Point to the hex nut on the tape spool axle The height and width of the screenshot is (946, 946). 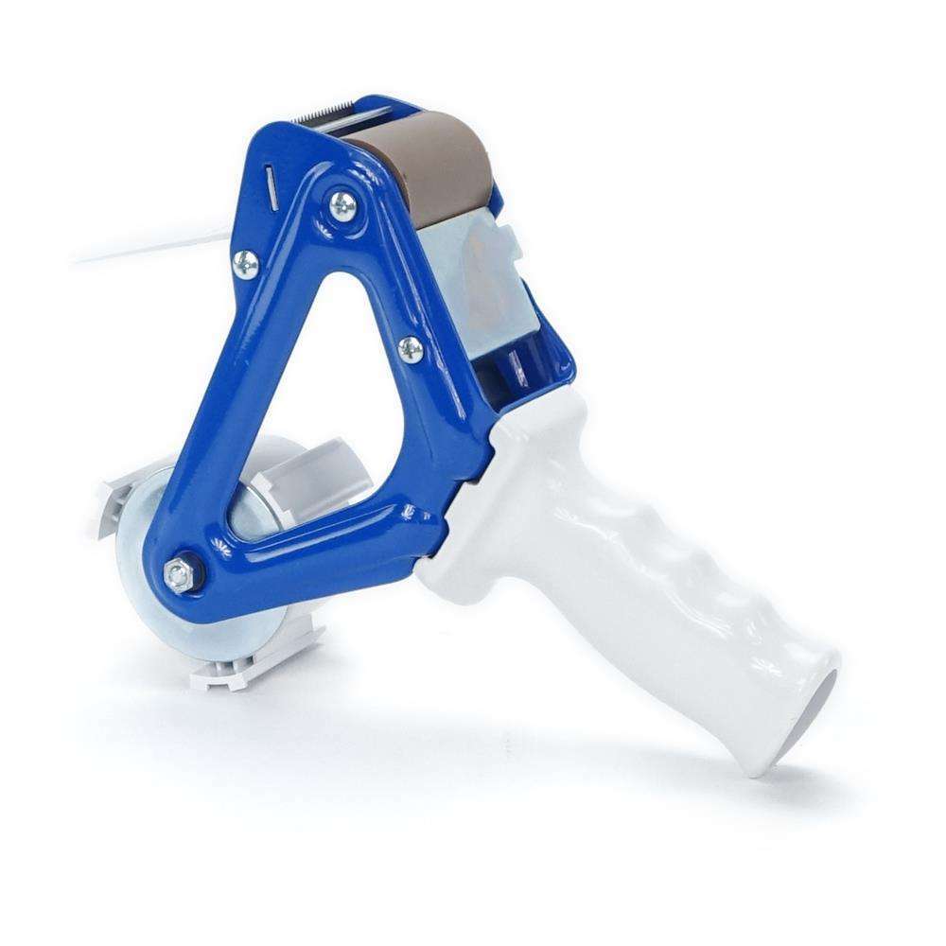[x=176, y=572]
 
